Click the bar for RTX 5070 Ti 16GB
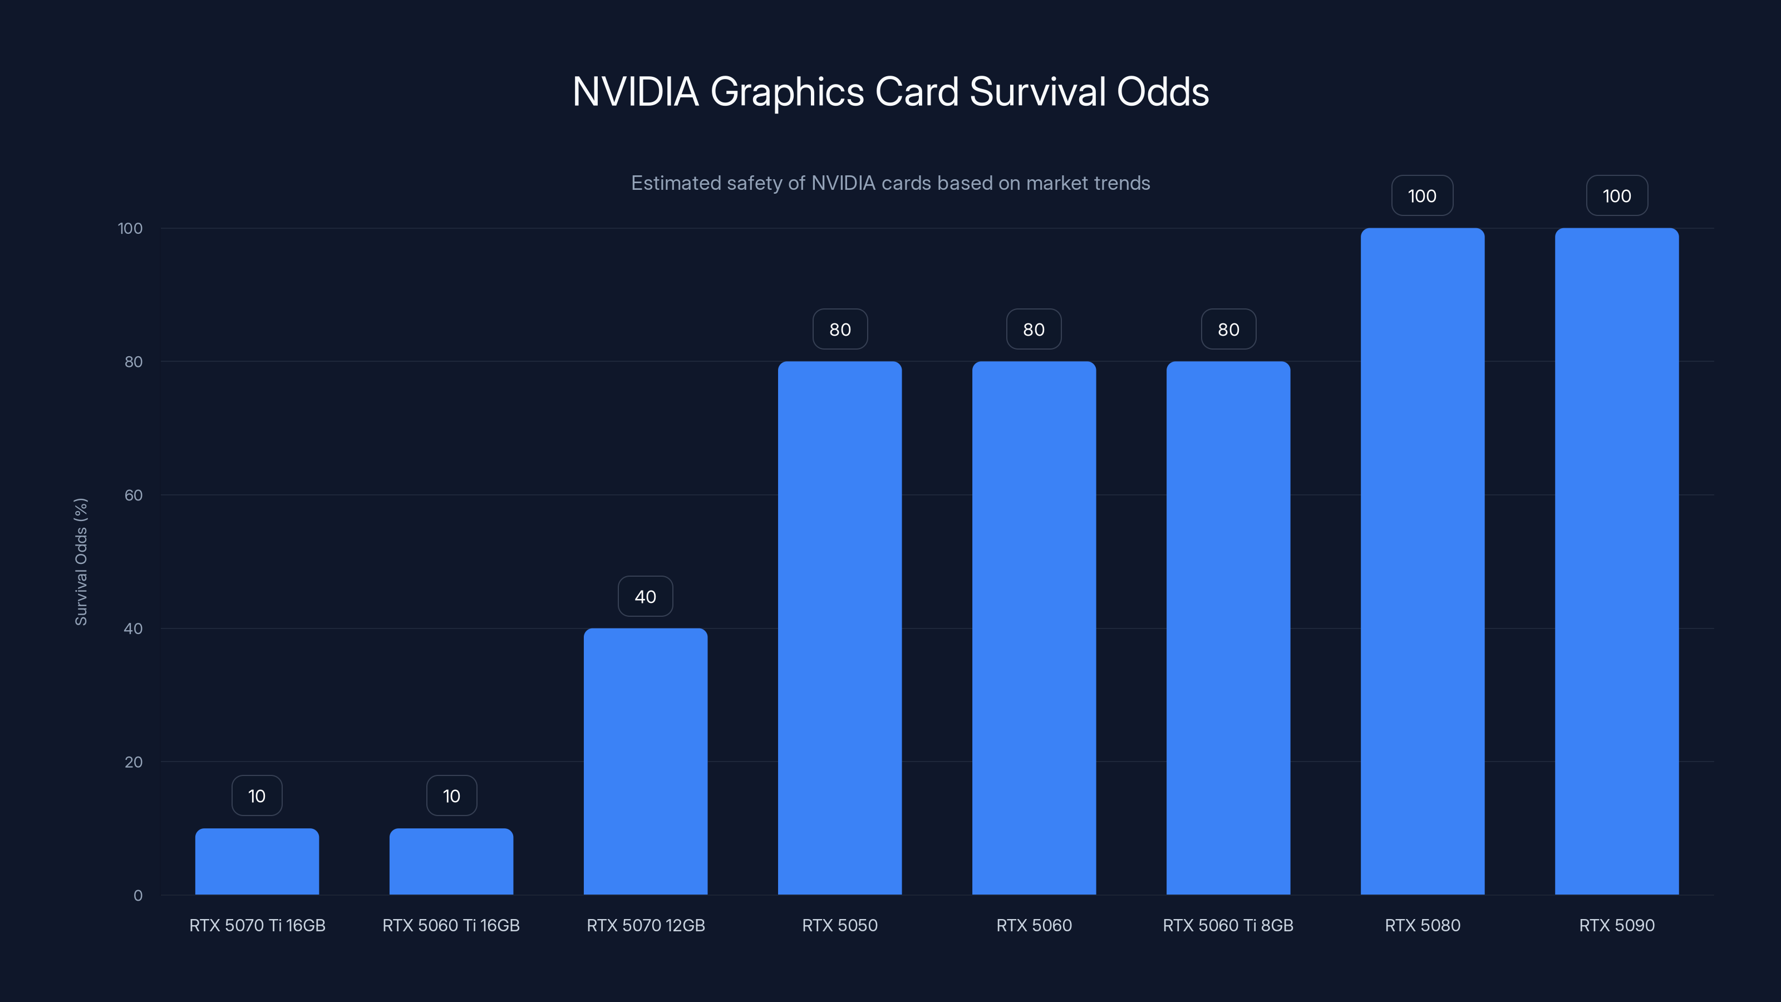point(257,862)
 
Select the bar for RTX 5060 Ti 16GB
point(451,862)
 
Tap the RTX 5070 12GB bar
point(645,760)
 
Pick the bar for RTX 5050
point(839,628)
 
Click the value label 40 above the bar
point(645,597)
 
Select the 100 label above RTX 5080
point(1422,196)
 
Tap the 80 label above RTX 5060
point(1034,329)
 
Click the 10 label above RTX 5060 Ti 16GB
point(451,796)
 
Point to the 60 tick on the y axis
point(134,495)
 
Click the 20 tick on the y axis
point(134,762)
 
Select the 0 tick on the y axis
point(137,896)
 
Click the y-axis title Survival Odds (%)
point(81,562)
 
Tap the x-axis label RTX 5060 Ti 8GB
point(1228,925)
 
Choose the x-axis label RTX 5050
point(839,925)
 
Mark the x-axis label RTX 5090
point(1616,925)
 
